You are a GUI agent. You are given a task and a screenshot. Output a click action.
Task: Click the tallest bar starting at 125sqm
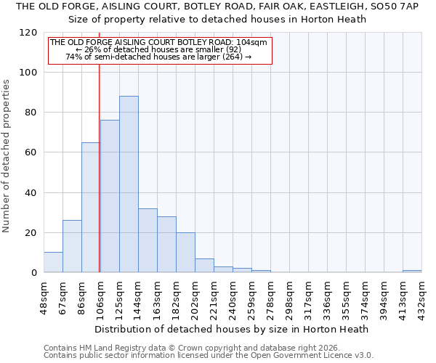(129, 184)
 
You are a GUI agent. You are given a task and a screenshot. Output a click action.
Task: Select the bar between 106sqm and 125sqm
(110, 196)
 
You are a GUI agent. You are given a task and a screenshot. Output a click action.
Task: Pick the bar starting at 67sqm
(72, 246)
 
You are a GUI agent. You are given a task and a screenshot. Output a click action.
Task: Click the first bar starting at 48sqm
(53, 262)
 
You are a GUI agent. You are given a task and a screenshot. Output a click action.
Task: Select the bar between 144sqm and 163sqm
(148, 240)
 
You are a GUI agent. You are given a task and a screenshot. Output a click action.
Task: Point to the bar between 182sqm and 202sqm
(185, 253)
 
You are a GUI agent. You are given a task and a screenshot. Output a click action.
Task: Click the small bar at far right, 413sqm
(412, 271)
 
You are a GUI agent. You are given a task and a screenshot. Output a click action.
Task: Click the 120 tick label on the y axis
(28, 33)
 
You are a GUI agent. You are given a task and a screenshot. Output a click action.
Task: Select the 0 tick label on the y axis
(34, 273)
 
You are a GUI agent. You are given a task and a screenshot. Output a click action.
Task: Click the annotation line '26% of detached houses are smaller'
(159, 49)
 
